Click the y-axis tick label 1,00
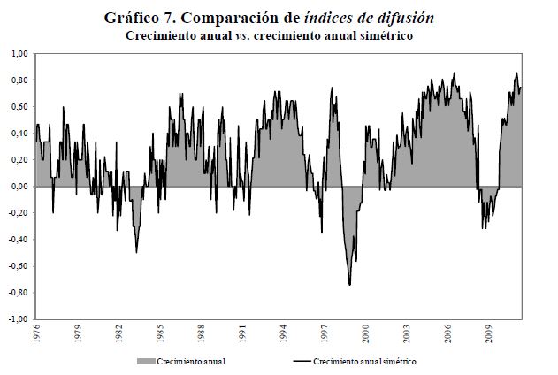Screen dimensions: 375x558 19,54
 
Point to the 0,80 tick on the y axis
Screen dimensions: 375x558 19,80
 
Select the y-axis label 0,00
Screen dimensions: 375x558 19,187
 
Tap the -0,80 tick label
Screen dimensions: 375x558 18,293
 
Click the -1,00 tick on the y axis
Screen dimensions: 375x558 18,319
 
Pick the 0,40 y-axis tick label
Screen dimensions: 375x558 19,134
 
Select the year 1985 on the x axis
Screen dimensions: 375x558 160,336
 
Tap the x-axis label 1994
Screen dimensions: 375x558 284,336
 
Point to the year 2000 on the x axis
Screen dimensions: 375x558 366,336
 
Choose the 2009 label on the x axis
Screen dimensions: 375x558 490,336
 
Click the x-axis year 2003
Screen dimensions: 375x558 408,336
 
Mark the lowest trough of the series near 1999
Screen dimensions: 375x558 350,284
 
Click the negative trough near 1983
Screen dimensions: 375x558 136,252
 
